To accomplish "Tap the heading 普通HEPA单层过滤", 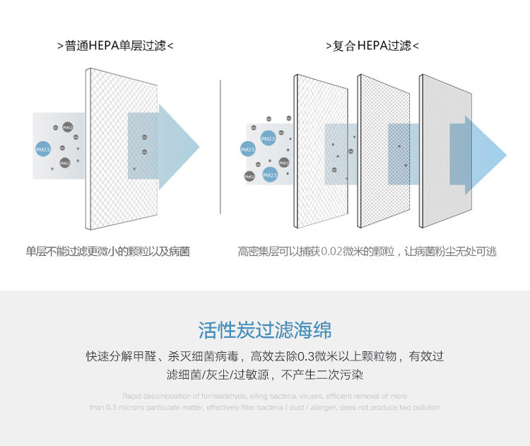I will point(115,46).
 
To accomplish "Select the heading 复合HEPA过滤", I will point(372,46).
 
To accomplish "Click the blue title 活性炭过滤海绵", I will point(265,330).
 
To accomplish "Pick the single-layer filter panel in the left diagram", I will point(106,148).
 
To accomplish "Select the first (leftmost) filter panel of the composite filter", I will point(318,152).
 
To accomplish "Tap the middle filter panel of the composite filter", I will point(382,152).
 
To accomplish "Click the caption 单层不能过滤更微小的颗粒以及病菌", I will point(108,252).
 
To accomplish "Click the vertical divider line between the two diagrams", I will point(221,145).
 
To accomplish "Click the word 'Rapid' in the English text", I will point(132,397).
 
